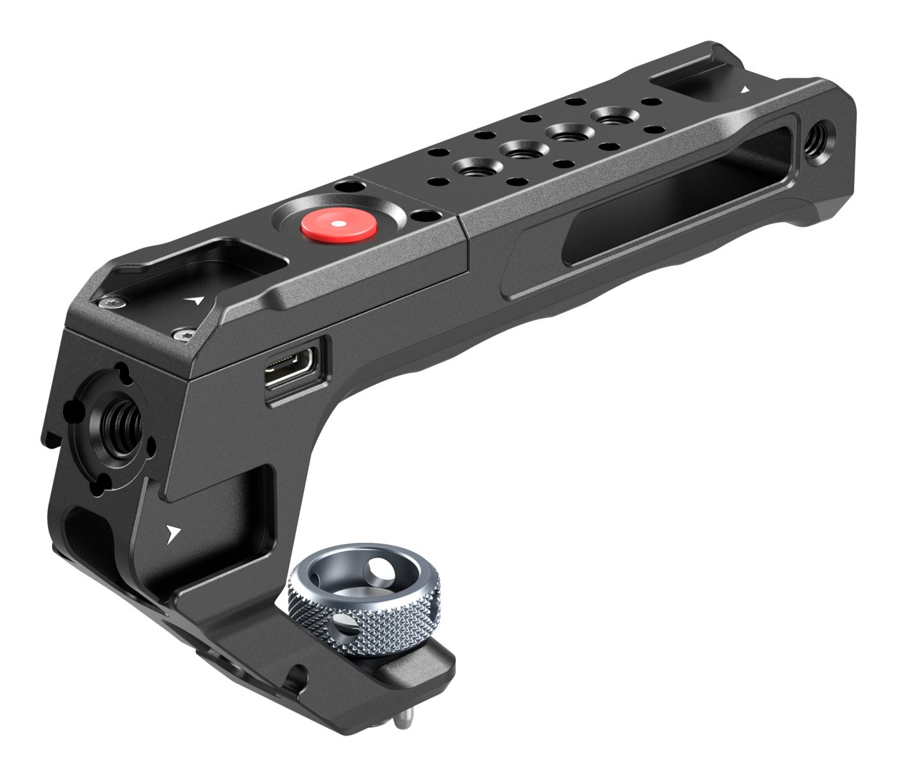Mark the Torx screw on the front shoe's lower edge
click(182, 334)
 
